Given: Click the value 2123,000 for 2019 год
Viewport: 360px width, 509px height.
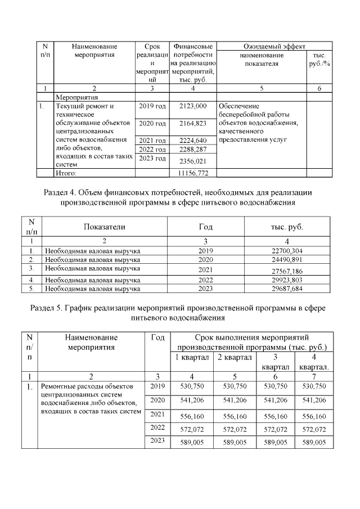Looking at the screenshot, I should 193,106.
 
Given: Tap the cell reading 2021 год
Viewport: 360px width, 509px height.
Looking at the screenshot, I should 152,140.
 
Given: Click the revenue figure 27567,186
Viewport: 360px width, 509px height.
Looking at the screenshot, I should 287,271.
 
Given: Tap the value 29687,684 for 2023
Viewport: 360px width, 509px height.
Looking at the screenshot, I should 287,289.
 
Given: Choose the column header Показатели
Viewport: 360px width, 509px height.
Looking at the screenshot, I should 105,227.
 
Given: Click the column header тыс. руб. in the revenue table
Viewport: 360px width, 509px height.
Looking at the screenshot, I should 287,227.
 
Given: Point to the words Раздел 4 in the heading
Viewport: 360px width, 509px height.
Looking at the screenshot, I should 62,192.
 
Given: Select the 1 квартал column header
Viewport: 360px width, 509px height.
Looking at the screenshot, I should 192,358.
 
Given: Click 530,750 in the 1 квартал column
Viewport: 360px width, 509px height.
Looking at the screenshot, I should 192,386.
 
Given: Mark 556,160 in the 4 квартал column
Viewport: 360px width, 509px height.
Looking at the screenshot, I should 314,417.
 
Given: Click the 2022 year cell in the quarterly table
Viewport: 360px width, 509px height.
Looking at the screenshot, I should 157,427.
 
